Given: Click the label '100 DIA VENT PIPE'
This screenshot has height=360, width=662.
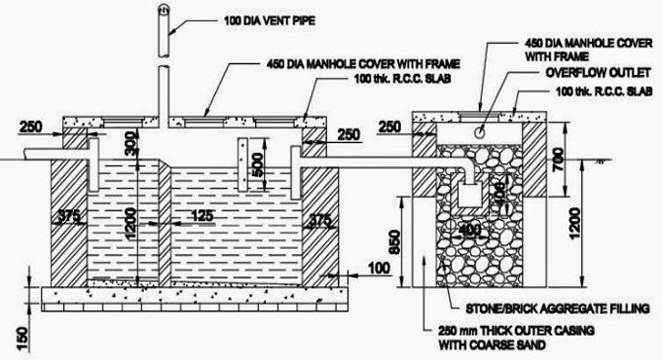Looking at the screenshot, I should [x=276, y=19].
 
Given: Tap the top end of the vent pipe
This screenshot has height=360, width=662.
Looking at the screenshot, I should [x=163, y=8].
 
